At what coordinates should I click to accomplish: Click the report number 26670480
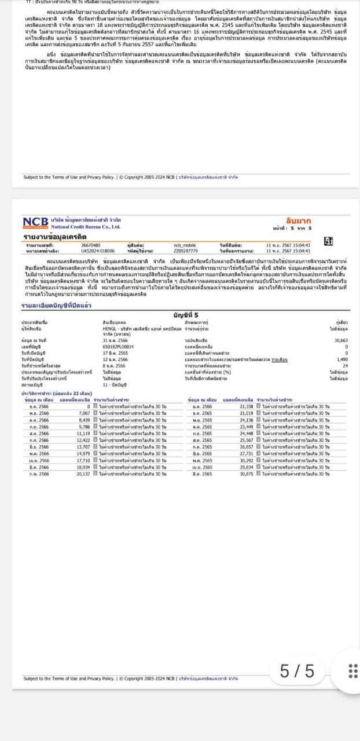click(90, 245)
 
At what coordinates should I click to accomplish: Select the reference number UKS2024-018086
click(98, 251)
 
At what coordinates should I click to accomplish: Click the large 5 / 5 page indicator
click(297, 671)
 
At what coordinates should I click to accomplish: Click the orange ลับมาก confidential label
click(299, 221)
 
